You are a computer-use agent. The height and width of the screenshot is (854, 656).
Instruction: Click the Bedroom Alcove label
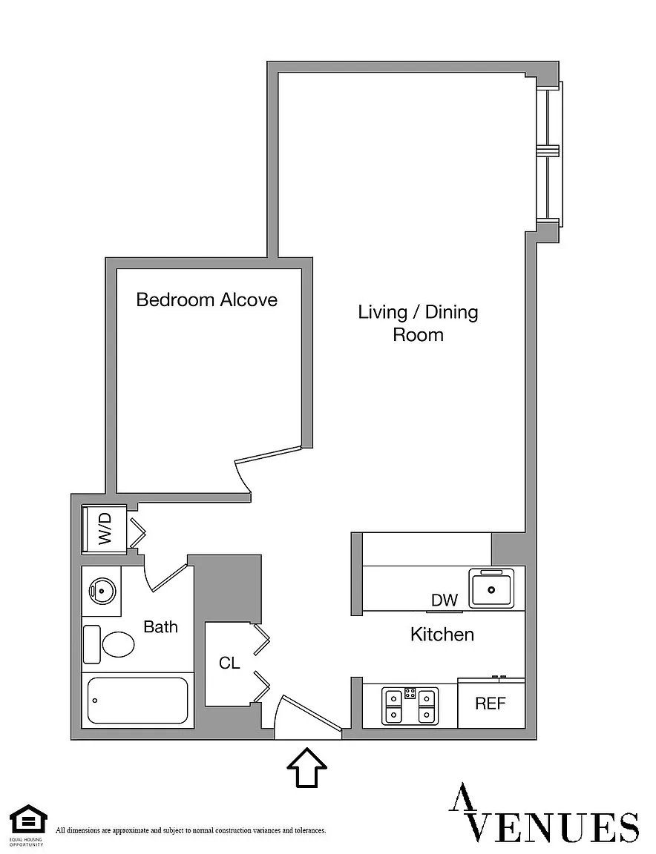(207, 299)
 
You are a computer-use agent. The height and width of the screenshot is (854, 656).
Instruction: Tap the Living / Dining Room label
(418, 323)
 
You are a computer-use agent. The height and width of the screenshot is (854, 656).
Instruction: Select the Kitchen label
(442, 635)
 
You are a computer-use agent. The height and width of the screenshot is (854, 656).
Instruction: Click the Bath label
(160, 627)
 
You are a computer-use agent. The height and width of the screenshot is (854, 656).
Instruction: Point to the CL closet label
(229, 663)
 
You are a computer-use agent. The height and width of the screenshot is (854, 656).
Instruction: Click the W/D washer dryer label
(105, 529)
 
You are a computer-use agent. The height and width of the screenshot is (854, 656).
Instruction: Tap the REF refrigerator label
(491, 704)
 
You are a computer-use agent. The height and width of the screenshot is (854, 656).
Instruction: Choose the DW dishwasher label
(445, 600)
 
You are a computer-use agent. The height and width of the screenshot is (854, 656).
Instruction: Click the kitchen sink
(492, 588)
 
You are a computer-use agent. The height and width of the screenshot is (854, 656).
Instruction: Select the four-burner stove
(410, 706)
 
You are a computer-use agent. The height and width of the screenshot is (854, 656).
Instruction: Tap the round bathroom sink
(101, 590)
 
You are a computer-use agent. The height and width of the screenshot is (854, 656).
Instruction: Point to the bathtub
(137, 701)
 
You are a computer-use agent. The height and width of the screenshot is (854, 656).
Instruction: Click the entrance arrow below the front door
(307, 768)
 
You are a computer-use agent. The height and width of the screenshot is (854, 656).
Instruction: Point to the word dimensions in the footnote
(79, 830)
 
